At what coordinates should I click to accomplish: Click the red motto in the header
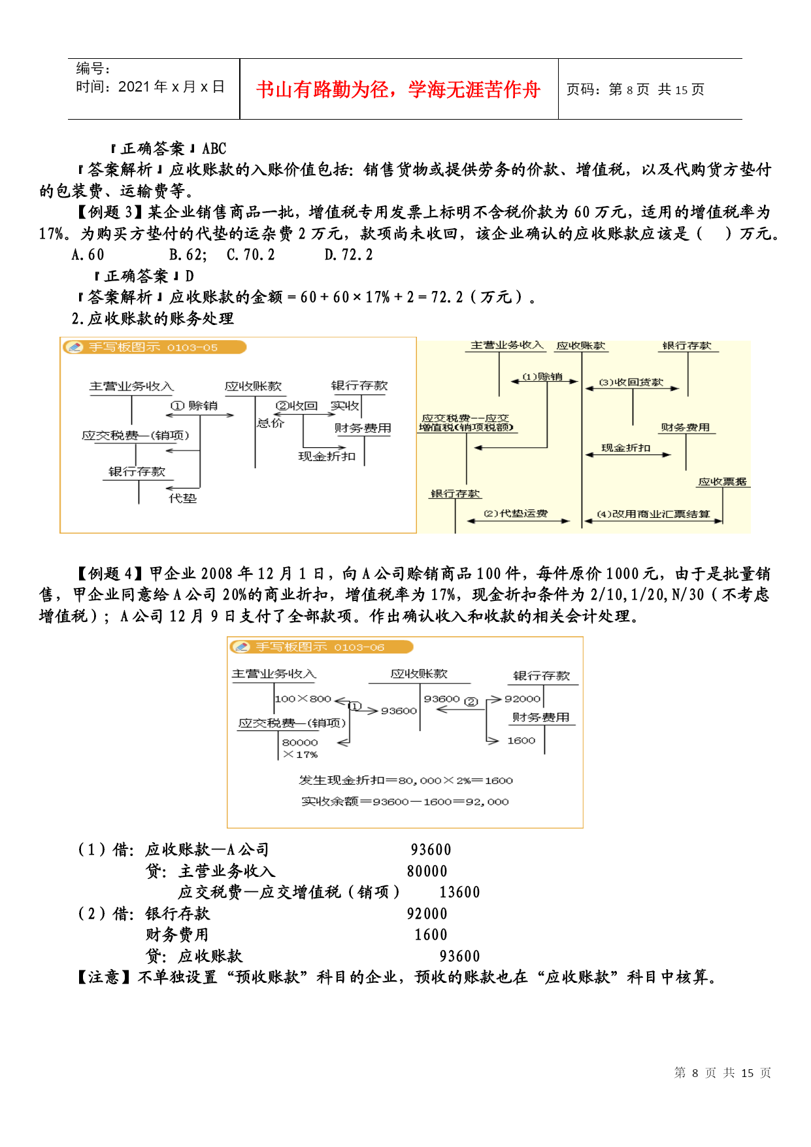tap(398, 89)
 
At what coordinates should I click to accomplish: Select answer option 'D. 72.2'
tap(348, 255)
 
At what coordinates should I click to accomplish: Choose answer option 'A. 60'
tap(88, 255)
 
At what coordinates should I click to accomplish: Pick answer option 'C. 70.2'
tap(250, 255)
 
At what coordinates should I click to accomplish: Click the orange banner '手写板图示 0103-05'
tap(154, 347)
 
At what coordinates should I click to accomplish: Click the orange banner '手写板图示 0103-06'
tap(321, 647)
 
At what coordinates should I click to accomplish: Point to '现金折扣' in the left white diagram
tap(327, 456)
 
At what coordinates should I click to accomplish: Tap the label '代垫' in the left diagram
tap(182, 498)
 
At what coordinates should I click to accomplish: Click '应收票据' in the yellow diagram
tap(722, 482)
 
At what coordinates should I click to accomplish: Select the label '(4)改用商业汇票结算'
tap(654, 514)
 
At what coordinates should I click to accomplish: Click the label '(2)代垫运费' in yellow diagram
tap(516, 513)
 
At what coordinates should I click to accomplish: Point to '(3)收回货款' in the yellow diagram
tap(631, 382)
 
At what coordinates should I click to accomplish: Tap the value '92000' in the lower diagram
tap(522, 698)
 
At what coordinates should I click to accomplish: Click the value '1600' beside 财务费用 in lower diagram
tap(521, 740)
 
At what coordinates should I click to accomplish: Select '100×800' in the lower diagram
tap(303, 698)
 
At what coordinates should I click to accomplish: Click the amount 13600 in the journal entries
tap(459, 893)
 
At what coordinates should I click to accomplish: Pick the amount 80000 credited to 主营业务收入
tap(427, 872)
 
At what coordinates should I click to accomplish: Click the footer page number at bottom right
tap(723, 1073)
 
